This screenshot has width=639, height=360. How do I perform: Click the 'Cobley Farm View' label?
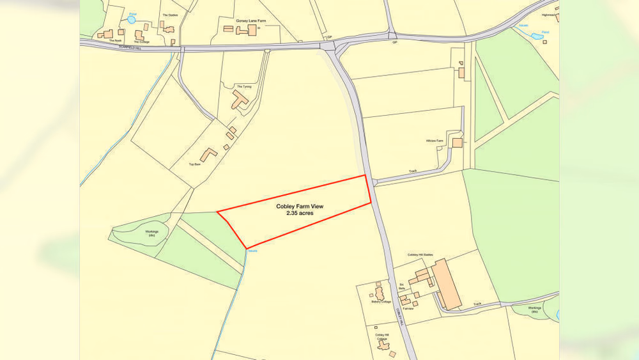[x=300, y=207]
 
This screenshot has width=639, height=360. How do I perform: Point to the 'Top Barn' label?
[x=194, y=164]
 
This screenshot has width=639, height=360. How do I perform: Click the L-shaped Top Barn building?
[x=208, y=154]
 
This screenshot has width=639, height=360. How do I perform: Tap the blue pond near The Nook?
[x=132, y=20]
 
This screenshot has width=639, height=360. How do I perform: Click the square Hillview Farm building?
[x=457, y=143]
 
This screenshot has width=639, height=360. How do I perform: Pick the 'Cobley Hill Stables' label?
[x=420, y=254]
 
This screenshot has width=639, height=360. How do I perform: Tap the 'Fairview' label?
[x=409, y=308]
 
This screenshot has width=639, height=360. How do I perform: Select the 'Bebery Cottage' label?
[x=381, y=302]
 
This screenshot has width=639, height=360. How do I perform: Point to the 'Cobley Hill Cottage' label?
[x=383, y=336]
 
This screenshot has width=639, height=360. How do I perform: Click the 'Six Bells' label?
[x=402, y=286]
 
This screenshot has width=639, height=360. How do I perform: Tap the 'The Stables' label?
[x=169, y=15]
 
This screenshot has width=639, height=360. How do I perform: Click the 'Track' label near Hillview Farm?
[x=413, y=171]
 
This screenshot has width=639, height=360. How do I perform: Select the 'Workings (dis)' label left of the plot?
[x=151, y=233]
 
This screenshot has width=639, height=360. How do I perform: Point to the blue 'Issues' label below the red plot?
[x=252, y=251]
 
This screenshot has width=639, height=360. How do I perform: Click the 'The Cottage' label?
[x=141, y=42]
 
